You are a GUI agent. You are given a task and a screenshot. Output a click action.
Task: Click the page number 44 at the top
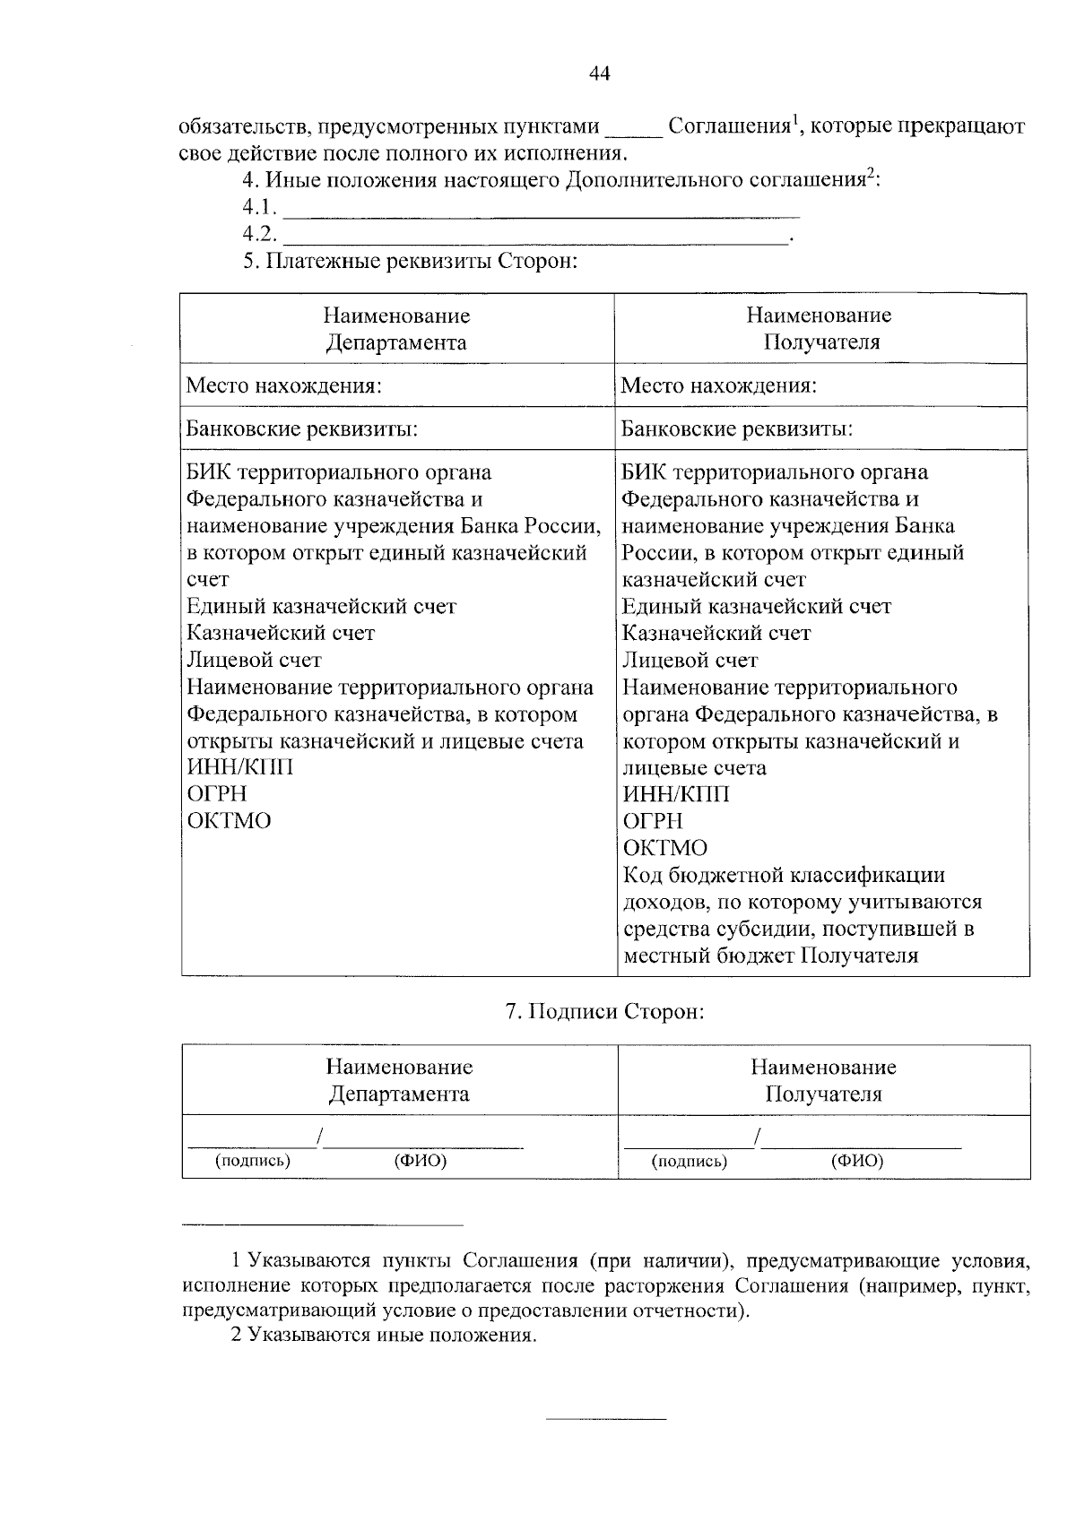[600, 74]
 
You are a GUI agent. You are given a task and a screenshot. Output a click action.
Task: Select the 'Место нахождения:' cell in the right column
[718, 386]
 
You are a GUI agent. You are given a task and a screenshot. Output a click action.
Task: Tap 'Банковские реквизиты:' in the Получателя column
[736, 429]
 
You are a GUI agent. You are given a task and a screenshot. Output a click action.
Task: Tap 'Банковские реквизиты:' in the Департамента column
[302, 429]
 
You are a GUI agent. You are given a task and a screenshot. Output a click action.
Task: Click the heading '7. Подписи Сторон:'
[605, 1012]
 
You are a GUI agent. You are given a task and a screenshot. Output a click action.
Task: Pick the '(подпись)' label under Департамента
[253, 1162]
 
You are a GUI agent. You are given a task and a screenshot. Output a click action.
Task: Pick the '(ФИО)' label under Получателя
[857, 1162]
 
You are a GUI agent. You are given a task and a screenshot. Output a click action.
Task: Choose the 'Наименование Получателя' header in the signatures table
[823, 1080]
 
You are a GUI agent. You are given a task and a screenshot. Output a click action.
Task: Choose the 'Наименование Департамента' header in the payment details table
[396, 329]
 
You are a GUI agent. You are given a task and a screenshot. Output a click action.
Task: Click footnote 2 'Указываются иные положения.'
[384, 1336]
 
